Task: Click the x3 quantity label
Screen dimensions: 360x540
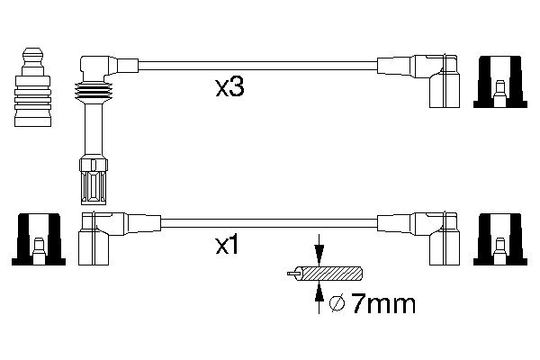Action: pyautogui.click(x=230, y=88)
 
